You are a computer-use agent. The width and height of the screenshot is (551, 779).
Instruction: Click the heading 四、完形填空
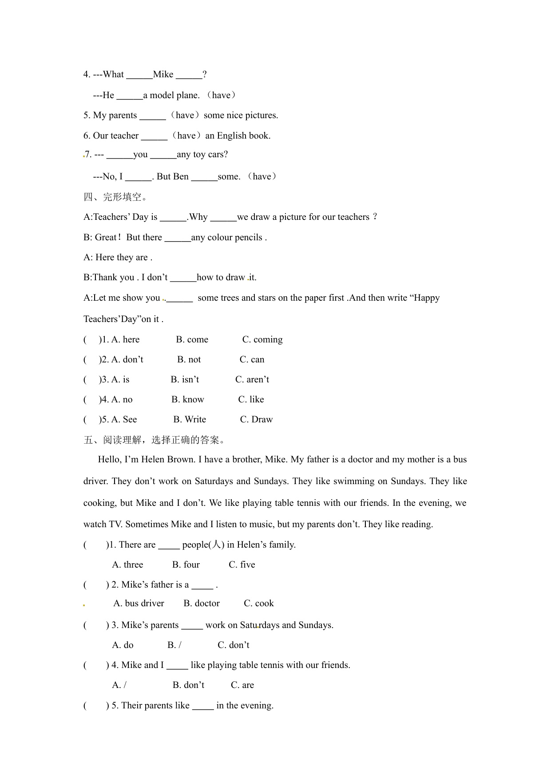click(115, 197)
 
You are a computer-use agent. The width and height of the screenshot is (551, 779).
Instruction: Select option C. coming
click(262, 339)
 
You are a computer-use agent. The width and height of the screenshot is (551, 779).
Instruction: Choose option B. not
click(189, 359)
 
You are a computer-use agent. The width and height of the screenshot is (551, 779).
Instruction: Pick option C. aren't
click(252, 379)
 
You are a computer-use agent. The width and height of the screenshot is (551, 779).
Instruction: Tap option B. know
click(188, 399)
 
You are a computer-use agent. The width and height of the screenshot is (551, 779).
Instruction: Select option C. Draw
click(256, 419)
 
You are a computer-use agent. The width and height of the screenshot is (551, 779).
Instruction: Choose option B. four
click(186, 564)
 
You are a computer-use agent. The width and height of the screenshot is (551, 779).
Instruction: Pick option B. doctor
click(202, 603)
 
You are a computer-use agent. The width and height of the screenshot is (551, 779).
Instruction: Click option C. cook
click(259, 603)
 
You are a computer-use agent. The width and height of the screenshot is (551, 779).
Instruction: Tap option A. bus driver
click(139, 603)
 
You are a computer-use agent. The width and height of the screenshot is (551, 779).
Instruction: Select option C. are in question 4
click(242, 685)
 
